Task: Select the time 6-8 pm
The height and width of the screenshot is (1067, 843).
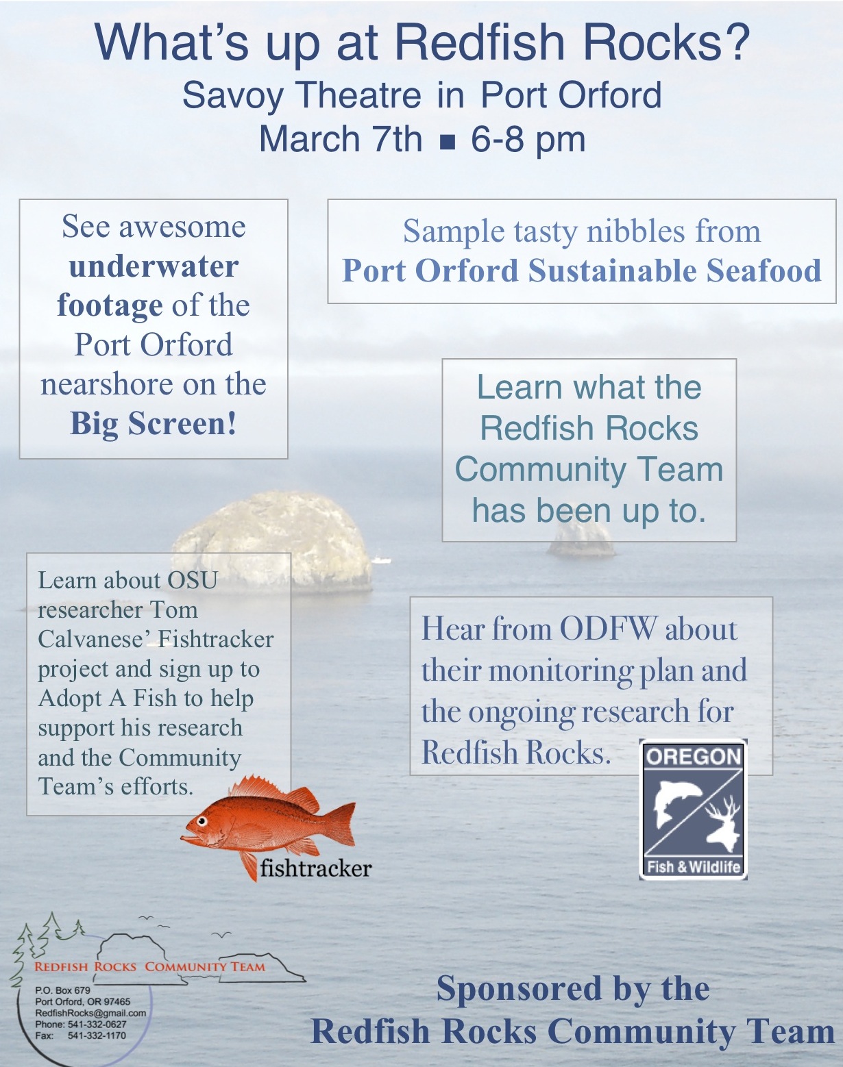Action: [528, 140]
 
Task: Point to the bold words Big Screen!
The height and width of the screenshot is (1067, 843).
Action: [154, 425]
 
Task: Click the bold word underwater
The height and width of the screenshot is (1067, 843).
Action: [154, 267]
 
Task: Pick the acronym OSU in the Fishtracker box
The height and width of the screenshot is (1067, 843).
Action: [192, 581]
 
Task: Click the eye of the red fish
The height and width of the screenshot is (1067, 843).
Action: [201, 821]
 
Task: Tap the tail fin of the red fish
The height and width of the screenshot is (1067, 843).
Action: [341, 823]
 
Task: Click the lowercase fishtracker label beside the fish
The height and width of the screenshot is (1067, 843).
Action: [315, 868]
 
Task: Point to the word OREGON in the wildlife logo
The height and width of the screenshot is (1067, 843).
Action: [693, 757]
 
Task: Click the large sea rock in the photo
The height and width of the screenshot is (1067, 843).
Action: [272, 540]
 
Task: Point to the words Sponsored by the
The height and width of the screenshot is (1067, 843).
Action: [573, 988]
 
